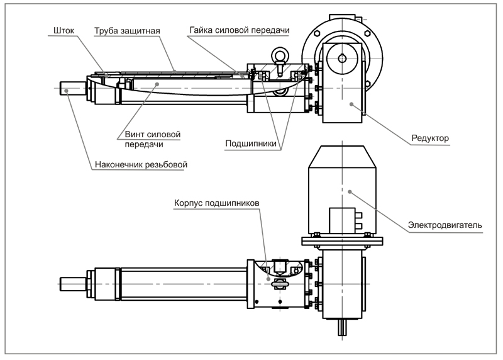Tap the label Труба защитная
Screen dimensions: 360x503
point(127,30)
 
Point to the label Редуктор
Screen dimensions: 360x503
point(430,138)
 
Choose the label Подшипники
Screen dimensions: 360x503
point(251,143)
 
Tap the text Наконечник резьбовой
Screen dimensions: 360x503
point(141,166)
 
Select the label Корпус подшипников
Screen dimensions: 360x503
point(216,204)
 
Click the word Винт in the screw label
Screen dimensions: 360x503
point(135,134)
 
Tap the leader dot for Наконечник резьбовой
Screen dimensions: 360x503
point(66,91)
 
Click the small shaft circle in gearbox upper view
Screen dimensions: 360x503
point(341,59)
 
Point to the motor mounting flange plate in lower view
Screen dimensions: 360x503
point(342,240)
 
